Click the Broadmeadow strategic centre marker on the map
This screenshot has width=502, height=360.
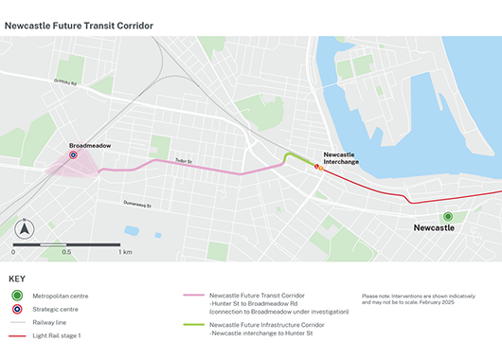coord(73,156)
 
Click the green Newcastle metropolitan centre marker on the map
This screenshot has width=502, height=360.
coord(448,217)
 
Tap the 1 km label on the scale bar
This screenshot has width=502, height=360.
coord(125,253)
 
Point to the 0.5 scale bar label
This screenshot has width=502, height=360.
coord(66,253)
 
